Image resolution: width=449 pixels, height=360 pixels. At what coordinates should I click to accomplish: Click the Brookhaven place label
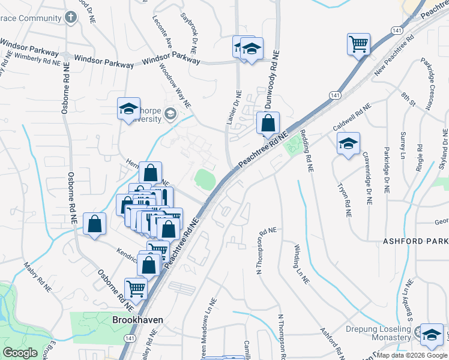coord(137,320)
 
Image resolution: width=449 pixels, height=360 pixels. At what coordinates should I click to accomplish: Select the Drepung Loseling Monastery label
coord(381,334)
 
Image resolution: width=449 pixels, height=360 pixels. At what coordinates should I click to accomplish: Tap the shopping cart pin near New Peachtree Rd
coord(358,44)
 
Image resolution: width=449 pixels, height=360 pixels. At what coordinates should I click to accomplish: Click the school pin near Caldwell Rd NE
coord(348,144)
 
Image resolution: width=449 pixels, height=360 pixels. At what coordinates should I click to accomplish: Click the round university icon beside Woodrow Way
coord(170,113)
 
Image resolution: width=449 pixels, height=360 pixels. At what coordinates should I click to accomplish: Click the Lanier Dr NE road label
coord(234,108)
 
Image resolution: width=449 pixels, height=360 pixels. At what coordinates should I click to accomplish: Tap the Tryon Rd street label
coord(344,199)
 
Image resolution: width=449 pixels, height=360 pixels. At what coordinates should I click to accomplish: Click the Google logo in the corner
coord(21,353)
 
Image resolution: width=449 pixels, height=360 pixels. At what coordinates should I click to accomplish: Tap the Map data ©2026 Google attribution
coord(412,355)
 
